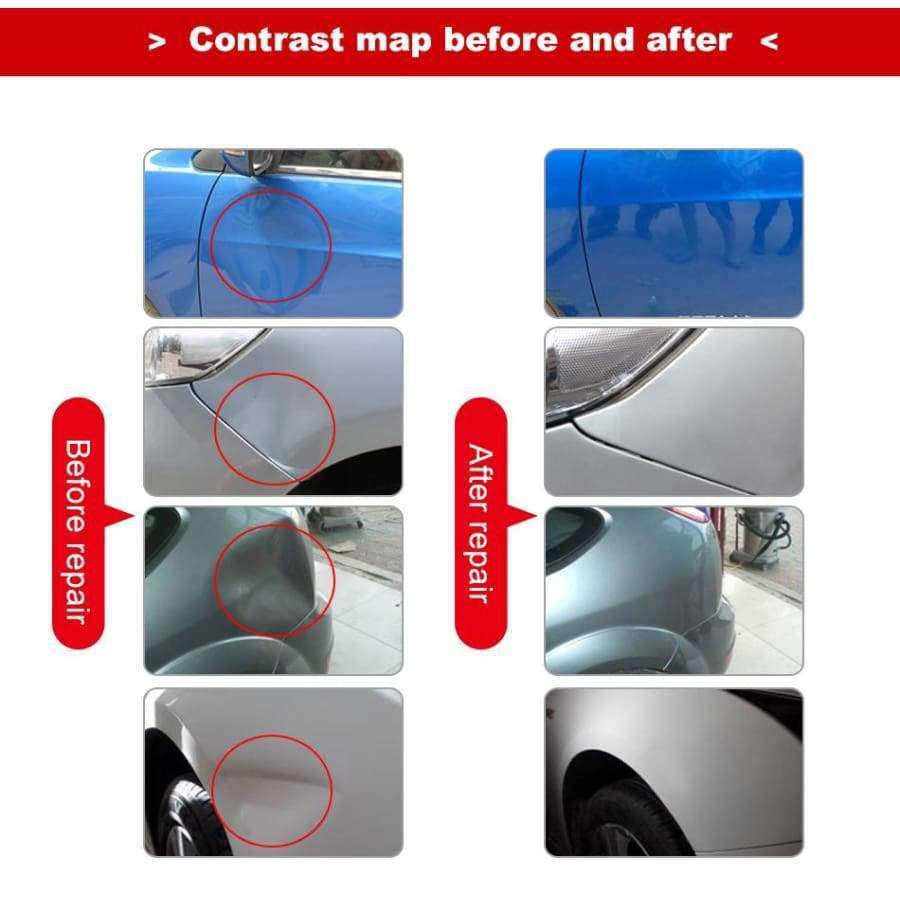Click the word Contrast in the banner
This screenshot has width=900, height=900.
coord(267,40)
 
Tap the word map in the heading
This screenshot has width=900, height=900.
coord(393,42)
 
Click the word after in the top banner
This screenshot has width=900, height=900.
coord(689,40)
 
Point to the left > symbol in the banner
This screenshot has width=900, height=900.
coord(157,41)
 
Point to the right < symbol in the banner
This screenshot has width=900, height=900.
coord(769,41)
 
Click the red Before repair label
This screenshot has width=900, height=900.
coord(79,523)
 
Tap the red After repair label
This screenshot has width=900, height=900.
coord(481,523)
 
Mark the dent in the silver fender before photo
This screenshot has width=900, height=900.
coord(274,428)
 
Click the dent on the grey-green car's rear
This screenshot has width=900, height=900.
coord(270,580)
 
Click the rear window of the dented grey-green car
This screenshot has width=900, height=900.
coord(161,537)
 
